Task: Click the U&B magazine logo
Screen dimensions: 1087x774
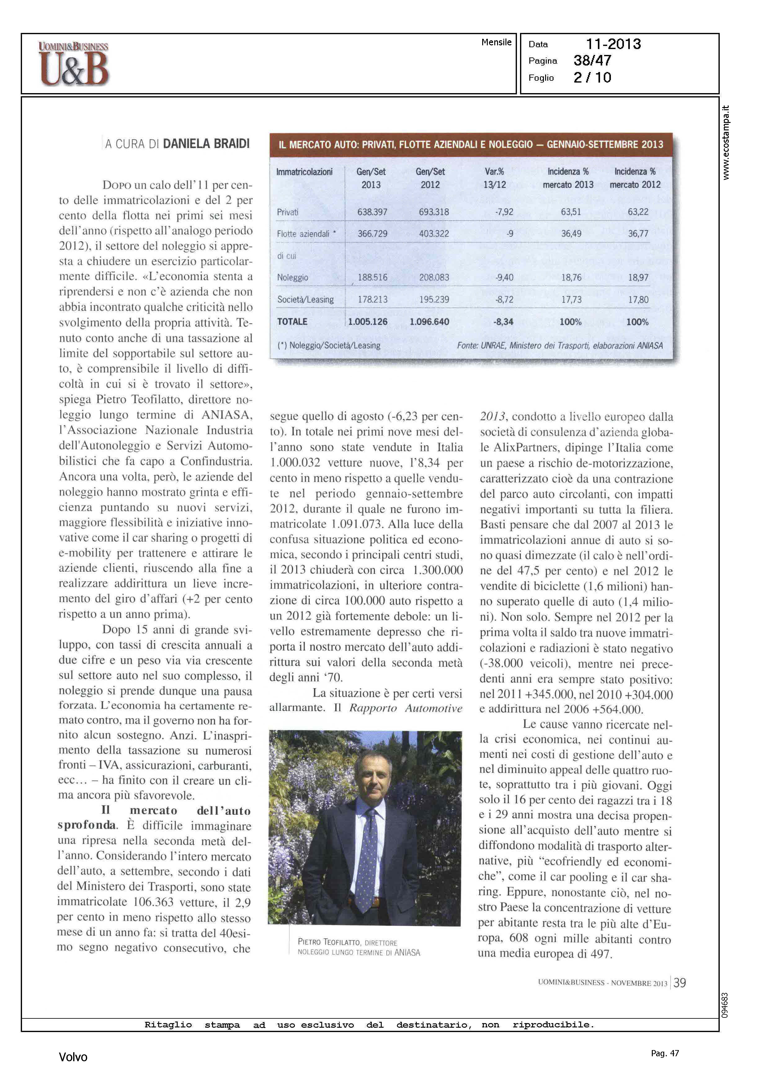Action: click(74, 64)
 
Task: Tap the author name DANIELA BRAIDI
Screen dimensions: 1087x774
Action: click(206, 144)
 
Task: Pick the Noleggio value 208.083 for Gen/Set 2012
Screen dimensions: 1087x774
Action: click(434, 277)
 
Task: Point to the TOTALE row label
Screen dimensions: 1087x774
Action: click(292, 322)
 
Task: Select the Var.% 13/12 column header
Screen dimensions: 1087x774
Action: click(494, 178)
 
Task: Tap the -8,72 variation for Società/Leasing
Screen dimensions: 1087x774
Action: click(504, 300)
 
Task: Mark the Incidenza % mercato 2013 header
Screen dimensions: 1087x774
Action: click(568, 178)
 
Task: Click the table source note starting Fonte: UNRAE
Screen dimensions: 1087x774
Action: click(559, 346)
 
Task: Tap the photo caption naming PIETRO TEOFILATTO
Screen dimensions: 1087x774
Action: click(358, 947)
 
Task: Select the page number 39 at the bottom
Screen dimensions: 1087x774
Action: click(680, 982)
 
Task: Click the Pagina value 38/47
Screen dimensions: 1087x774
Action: click(592, 61)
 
